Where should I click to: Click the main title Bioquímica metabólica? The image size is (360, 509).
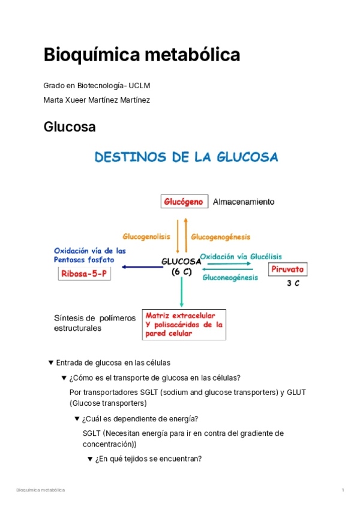pos(142,55)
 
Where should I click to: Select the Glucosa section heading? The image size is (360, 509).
pos(70,127)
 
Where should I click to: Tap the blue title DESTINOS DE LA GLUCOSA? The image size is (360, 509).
pos(186,157)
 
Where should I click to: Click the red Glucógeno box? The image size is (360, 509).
pos(184,202)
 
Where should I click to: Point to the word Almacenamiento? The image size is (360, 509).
pos(244,202)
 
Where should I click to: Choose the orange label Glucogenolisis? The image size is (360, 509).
pos(147,236)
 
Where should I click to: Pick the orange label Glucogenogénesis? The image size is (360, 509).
pos(221,236)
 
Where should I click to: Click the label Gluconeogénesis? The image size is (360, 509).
pos(230,278)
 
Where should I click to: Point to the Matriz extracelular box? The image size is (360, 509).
pos(184,324)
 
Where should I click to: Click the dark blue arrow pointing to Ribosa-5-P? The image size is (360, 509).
pos(142,268)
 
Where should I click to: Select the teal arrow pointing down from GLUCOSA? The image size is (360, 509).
pos(181,291)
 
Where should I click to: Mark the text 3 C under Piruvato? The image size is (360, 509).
pos(293,284)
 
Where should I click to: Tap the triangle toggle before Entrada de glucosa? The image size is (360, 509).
pos(51,363)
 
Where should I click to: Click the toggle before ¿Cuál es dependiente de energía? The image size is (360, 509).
pos(77,418)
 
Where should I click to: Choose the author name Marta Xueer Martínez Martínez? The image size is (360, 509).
pos(97,100)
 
